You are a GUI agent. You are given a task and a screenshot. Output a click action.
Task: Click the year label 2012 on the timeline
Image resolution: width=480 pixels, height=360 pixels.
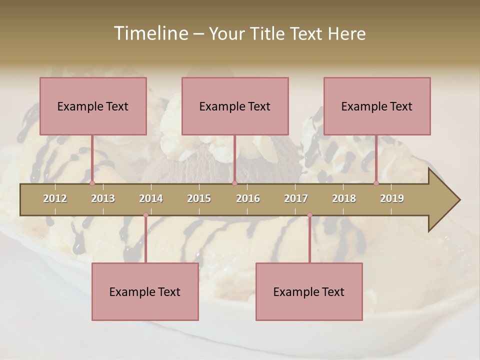coord(55,198)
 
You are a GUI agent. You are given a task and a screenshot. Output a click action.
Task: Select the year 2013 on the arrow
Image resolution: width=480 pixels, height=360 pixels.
coord(103,198)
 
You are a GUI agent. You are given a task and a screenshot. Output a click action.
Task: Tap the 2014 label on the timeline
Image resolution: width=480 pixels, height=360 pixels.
coord(151,198)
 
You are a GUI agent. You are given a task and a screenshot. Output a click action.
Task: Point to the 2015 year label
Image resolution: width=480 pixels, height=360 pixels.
coord(199,198)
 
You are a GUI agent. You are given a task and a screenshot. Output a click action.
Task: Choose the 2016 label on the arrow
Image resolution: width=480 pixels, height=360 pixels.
coord(248,198)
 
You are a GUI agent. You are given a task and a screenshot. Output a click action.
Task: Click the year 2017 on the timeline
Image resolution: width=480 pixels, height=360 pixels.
coord(296,198)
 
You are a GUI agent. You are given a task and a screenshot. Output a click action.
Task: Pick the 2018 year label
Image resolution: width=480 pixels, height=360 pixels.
coord(344,198)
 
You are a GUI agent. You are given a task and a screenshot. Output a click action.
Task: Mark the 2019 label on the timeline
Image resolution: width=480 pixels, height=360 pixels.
coord(392,198)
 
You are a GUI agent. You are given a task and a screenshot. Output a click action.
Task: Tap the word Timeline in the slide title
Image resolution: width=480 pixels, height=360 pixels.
coord(150,33)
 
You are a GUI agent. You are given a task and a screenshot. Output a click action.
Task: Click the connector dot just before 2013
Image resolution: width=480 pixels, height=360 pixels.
coord(92,183)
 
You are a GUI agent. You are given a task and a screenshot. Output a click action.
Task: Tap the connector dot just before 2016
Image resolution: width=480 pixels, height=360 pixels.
coord(234,183)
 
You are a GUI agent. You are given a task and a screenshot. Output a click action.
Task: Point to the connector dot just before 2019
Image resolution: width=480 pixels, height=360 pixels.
coord(376,183)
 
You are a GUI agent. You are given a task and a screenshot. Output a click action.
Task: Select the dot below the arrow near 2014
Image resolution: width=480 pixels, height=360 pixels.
coord(145,215)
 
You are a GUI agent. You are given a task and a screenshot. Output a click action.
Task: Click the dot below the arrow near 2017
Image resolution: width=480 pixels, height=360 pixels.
coord(309,215)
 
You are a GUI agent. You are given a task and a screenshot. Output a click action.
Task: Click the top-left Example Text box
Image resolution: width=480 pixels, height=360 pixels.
coord(93,106)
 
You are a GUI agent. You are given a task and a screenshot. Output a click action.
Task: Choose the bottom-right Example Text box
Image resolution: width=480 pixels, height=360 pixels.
coord(309,291)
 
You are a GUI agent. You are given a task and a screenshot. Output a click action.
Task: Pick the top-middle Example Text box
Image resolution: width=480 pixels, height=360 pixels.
coord(235,106)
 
